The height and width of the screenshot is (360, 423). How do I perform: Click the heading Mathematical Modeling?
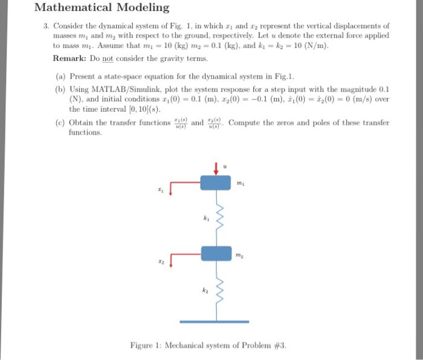click(102, 8)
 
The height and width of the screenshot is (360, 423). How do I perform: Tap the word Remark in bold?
click(71, 60)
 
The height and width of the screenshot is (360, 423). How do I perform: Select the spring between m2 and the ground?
click(219, 291)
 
